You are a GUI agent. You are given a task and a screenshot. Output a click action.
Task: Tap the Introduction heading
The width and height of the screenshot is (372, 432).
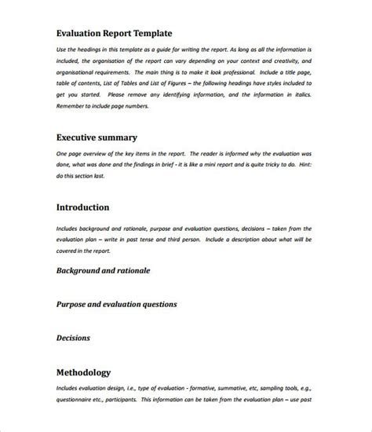(82, 208)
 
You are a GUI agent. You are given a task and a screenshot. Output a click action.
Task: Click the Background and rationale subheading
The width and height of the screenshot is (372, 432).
(103, 270)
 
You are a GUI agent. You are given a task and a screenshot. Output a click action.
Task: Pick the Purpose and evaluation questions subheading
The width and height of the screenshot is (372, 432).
(117, 303)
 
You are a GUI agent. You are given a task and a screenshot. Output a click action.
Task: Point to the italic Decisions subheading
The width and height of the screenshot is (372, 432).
(74, 338)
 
